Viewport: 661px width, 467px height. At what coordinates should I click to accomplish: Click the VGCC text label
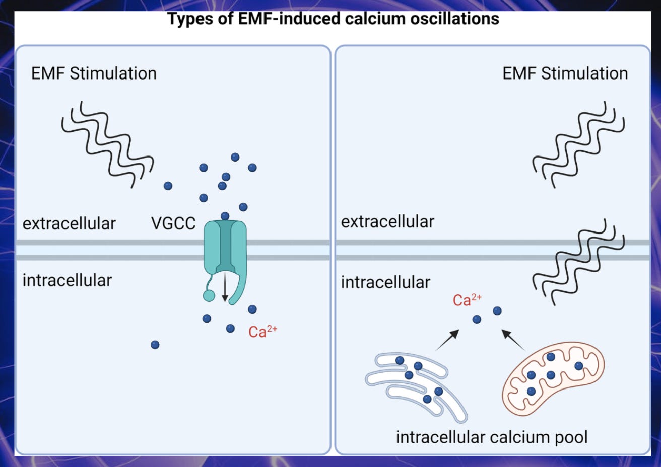pyautogui.click(x=173, y=223)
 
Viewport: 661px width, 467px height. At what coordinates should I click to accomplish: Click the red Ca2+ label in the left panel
pyautogui.click(x=262, y=332)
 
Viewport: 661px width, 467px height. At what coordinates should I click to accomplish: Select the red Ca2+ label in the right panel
pyautogui.click(x=467, y=300)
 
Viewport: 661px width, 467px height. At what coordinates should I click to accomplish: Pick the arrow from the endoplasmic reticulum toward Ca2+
pyautogui.click(x=447, y=340)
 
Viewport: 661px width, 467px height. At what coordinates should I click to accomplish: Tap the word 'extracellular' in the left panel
pyautogui.click(x=69, y=223)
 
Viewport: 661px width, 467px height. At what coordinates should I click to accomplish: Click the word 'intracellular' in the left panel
pyautogui.click(x=67, y=280)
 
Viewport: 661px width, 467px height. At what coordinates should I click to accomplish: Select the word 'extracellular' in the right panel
pyautogui.click(x=387, y=221)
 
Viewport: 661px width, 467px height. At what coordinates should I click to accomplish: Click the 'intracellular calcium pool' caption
pyautogui.click(x=492, y=437)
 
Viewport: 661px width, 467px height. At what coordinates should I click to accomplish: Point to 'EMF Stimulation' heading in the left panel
pyautogui.click(x=94, y=73)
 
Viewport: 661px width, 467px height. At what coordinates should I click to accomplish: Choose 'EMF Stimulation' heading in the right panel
pyautogui.click(x=565, y=73)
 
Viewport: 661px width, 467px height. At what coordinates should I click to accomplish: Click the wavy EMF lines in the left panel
pyautogui.click(x=107, y=143)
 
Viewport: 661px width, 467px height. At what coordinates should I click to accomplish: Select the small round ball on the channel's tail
pyautogui.click(x=209, y=295)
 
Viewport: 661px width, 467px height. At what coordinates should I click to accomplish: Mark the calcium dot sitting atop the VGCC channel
pyautogui.click(x=225, y=216)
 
